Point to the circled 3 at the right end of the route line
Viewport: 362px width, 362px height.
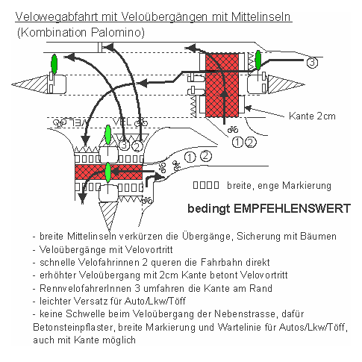tap(311, 62)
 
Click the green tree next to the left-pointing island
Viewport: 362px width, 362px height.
tap(53, 64)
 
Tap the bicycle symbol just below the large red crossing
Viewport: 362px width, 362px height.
tap(232, 128)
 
